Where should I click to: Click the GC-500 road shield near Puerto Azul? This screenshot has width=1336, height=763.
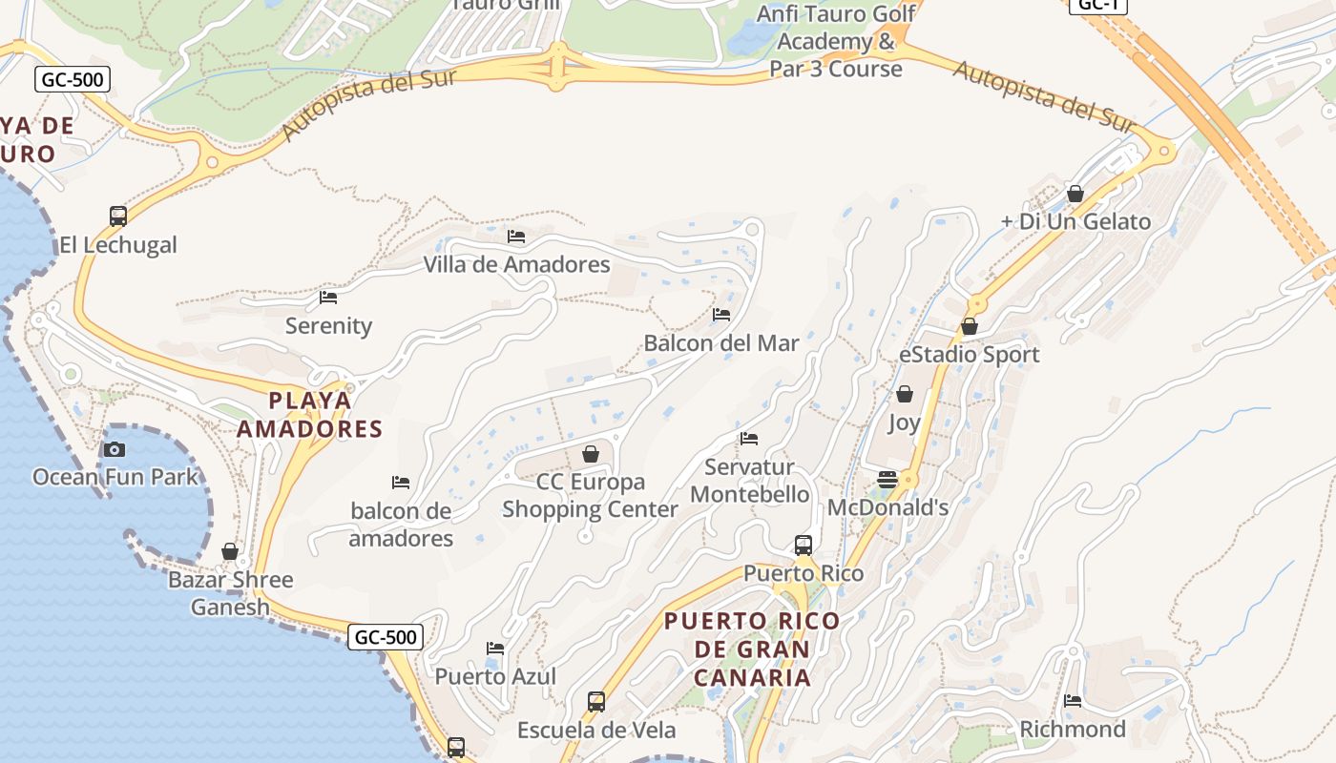coord(385,637)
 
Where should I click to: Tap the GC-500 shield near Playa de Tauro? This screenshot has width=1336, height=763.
coord(73,79)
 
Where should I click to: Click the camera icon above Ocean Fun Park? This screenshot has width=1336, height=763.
coord(115,449)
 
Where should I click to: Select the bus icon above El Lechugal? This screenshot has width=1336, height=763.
coord(118,217)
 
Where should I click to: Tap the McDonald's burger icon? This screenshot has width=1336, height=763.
coord(887,480)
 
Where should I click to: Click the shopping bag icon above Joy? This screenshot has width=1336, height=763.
coord(904,394)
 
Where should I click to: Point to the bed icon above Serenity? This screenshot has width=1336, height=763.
coord(328,298)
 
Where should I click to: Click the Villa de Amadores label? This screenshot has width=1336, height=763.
coord(516,264)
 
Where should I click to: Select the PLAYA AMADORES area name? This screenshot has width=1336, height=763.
coord(309,415)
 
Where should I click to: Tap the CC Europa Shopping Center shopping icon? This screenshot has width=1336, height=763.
coord(591,454)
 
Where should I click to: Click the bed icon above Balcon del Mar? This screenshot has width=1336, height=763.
coord(721,315)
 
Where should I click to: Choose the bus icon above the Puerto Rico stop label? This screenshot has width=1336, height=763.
coord(804,546)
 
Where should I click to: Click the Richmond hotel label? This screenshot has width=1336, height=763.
coord(1073,730)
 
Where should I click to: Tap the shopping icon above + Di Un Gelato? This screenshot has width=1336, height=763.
coord(1075,194)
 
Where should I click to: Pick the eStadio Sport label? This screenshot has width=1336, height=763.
coord(969,355)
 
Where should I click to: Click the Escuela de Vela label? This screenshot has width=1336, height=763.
coord(596,731)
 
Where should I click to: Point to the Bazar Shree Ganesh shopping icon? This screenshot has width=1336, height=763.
coord(230,551)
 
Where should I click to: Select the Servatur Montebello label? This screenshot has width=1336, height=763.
coord(750,481)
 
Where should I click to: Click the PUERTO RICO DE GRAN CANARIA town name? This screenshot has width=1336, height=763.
coord(752,650)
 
